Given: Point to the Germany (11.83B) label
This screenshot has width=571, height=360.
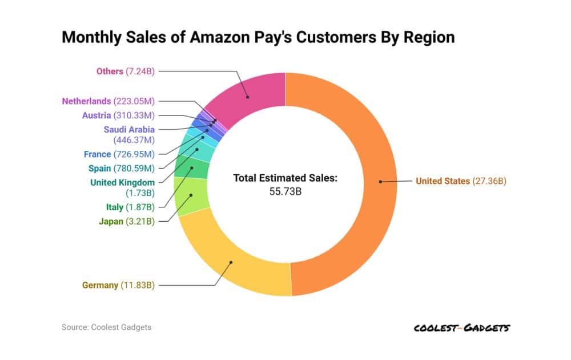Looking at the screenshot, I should (118, 285).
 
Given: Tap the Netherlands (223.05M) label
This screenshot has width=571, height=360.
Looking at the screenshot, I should (108, 101).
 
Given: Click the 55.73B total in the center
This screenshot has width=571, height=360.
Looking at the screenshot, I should (285, 191).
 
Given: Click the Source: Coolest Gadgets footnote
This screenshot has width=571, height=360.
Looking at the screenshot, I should (106, 327).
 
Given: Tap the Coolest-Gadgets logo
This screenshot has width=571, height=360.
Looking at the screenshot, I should (461, 327).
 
